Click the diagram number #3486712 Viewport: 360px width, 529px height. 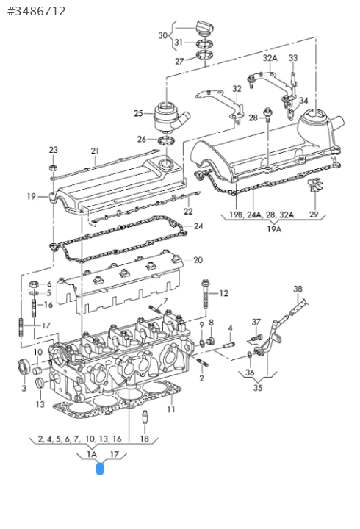37,12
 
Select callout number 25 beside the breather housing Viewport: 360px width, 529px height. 138,113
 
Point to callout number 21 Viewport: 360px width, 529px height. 95,151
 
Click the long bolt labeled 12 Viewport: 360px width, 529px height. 205,294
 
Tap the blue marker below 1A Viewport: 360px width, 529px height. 99,469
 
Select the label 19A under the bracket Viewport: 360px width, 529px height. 274,229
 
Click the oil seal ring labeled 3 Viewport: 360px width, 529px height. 24,367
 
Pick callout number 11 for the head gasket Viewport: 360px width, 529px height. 171,409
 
